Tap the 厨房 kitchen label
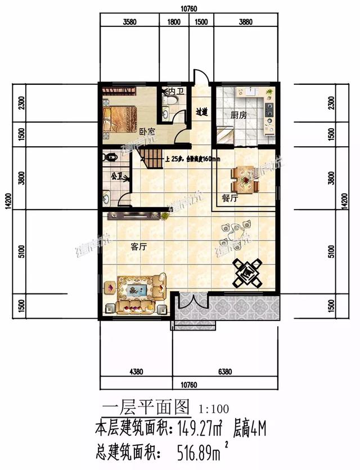tap(238, 115)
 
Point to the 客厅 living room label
tap(138, 246)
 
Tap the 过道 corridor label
tap(202, 112)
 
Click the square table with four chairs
tap(247, 272)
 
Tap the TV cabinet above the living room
tap(136, 214)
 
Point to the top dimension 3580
tap(129, 22)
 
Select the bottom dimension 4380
tap(138, 372)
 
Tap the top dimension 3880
tap(246, 22)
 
